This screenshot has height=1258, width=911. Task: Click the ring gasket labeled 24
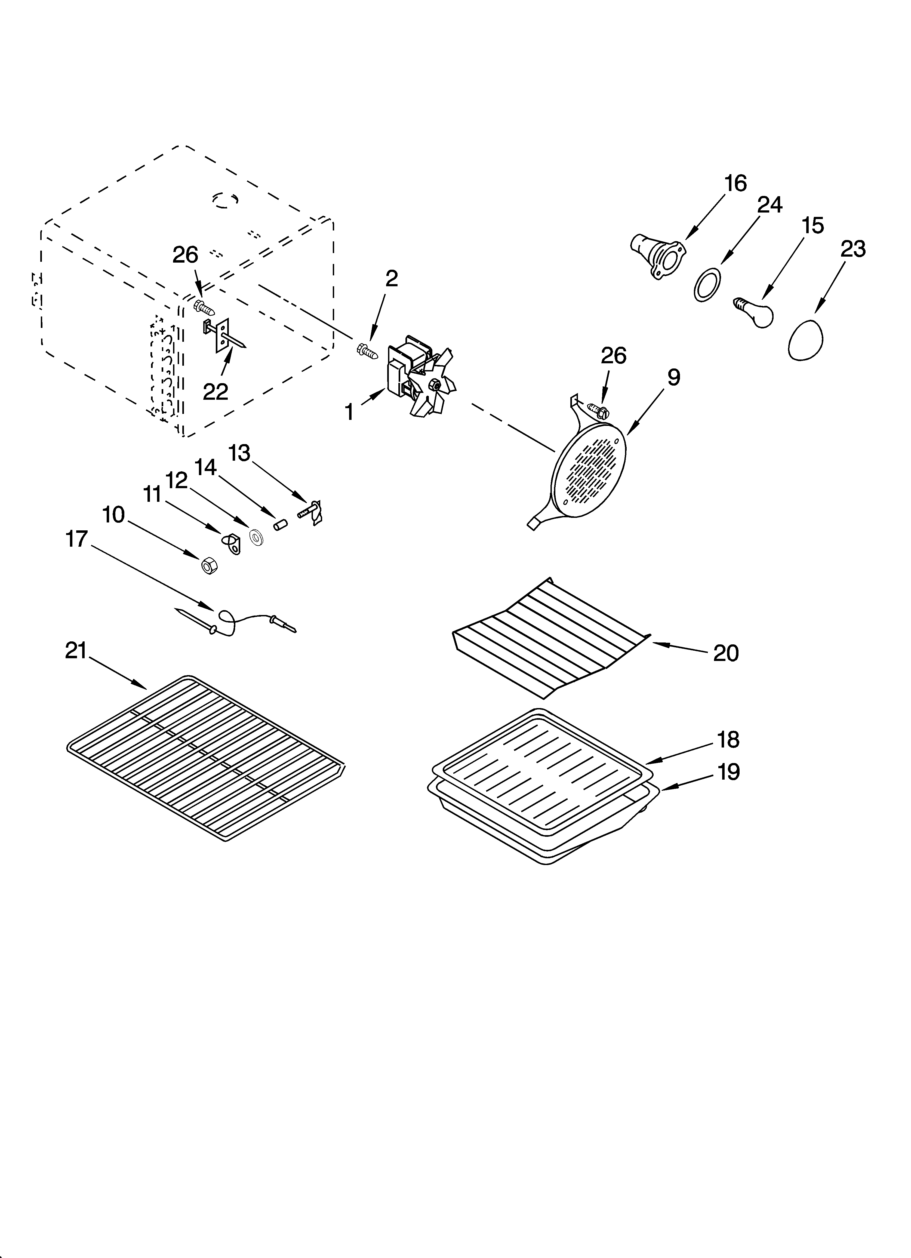click(708, 285)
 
